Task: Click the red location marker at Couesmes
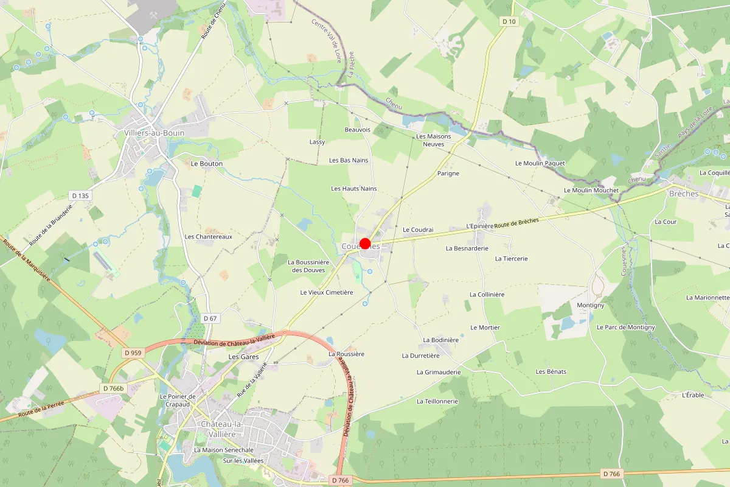(365, 244)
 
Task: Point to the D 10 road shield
(509, 21)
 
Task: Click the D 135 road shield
(80, 195)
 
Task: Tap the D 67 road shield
(210, 318)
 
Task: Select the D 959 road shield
(132, 352)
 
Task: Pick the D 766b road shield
(113, 388)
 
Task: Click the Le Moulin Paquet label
(540, 163)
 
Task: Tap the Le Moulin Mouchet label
(591, 191)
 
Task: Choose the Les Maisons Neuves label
(434, 140)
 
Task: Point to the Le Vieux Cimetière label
(327, 292)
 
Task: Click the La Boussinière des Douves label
(308, 266)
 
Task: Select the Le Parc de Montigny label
(626, 328)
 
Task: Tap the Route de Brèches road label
(516, 223)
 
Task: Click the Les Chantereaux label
(209, 237)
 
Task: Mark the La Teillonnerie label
(437, 401)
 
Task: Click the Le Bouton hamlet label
(207, 164)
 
